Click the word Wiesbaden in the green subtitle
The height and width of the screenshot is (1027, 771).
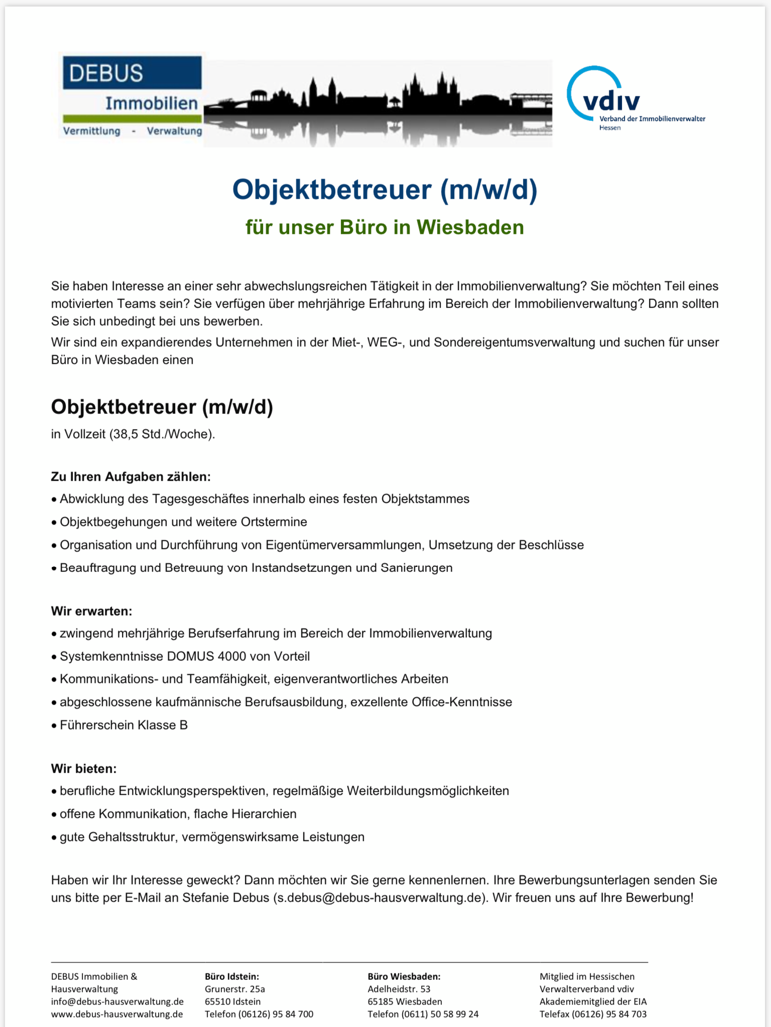[x=470, y=227]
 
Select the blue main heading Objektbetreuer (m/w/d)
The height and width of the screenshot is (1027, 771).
[x=384, y=190]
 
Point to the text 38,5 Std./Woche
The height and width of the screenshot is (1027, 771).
[x=161, y=434]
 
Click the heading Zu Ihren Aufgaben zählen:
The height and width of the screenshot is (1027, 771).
[x=131, y=477]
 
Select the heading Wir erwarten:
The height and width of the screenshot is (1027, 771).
[x=91, y=611]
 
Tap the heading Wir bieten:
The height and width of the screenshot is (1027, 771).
[x=84, y=769]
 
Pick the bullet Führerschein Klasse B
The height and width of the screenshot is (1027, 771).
[x=123, y=725]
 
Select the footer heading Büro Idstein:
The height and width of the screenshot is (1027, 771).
[x=232, y=976]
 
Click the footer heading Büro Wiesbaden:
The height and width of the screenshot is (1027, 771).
[x=404, y=976]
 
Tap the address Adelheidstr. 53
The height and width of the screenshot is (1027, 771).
[x=399, y=989]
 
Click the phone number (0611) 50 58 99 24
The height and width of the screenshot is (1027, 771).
[x=440, y=1014]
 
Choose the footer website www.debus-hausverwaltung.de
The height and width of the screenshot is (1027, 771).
[x=117, y=1014]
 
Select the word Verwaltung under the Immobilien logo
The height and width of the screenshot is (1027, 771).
[x=174, y=131]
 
